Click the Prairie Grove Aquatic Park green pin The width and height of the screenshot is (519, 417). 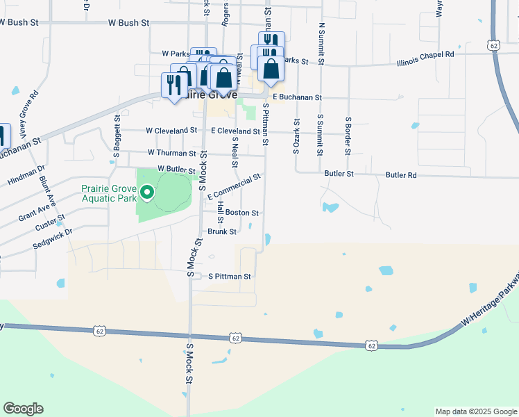(x=146, y=193)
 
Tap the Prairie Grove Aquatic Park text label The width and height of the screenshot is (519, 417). (x=111, y=193)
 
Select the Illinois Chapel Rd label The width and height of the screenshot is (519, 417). (x=425, y=54)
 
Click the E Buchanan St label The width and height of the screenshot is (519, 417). (x=297, y=98)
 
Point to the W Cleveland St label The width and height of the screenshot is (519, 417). (x=171, y=131)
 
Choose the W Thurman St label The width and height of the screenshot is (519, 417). (x=171, y=152)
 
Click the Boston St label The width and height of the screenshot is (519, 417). (x=241, y=213)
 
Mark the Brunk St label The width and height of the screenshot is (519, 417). (x=222, y=231)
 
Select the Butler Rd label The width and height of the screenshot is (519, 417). (x=401, y=175)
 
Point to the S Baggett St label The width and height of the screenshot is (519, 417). (x=117, y=137)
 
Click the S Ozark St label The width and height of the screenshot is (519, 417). (x=296, y=136)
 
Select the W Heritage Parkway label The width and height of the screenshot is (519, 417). (x=490, y=301)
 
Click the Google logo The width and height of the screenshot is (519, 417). (x=23, y=409)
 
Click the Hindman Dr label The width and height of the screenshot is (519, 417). (x=26, y=174)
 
